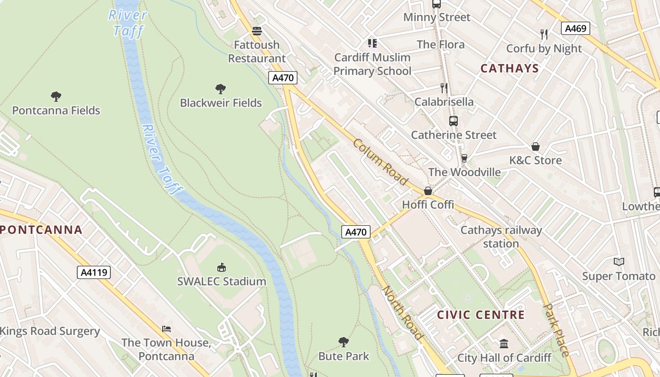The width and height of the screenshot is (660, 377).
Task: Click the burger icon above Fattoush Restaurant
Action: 257,31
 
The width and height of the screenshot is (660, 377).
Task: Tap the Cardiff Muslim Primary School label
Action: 372,64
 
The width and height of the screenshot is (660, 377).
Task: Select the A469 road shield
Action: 576,28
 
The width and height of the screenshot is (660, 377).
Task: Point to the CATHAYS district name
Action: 509,68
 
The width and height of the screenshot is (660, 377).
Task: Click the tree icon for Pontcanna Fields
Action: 56,97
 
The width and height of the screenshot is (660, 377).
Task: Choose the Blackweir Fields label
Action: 221,103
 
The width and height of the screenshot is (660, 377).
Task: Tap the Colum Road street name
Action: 380,162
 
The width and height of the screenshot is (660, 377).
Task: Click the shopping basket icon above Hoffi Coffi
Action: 428,191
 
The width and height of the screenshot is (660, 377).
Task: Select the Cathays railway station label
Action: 501,237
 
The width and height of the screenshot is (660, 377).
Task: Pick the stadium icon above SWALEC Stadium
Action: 222,268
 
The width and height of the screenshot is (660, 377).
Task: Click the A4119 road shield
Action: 93,272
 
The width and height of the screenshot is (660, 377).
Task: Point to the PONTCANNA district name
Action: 41,230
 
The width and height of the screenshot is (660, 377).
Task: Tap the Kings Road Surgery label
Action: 50,331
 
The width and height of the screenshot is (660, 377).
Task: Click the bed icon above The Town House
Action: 166,329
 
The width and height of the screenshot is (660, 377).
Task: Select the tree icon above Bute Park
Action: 344,342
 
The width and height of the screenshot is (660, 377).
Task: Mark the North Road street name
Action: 402,312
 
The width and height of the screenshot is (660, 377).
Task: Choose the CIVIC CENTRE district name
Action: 480,315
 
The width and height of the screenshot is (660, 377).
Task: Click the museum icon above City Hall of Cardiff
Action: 504,344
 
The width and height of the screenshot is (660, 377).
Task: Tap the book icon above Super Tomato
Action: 619,262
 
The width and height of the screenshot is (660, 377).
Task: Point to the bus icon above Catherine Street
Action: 454,121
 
